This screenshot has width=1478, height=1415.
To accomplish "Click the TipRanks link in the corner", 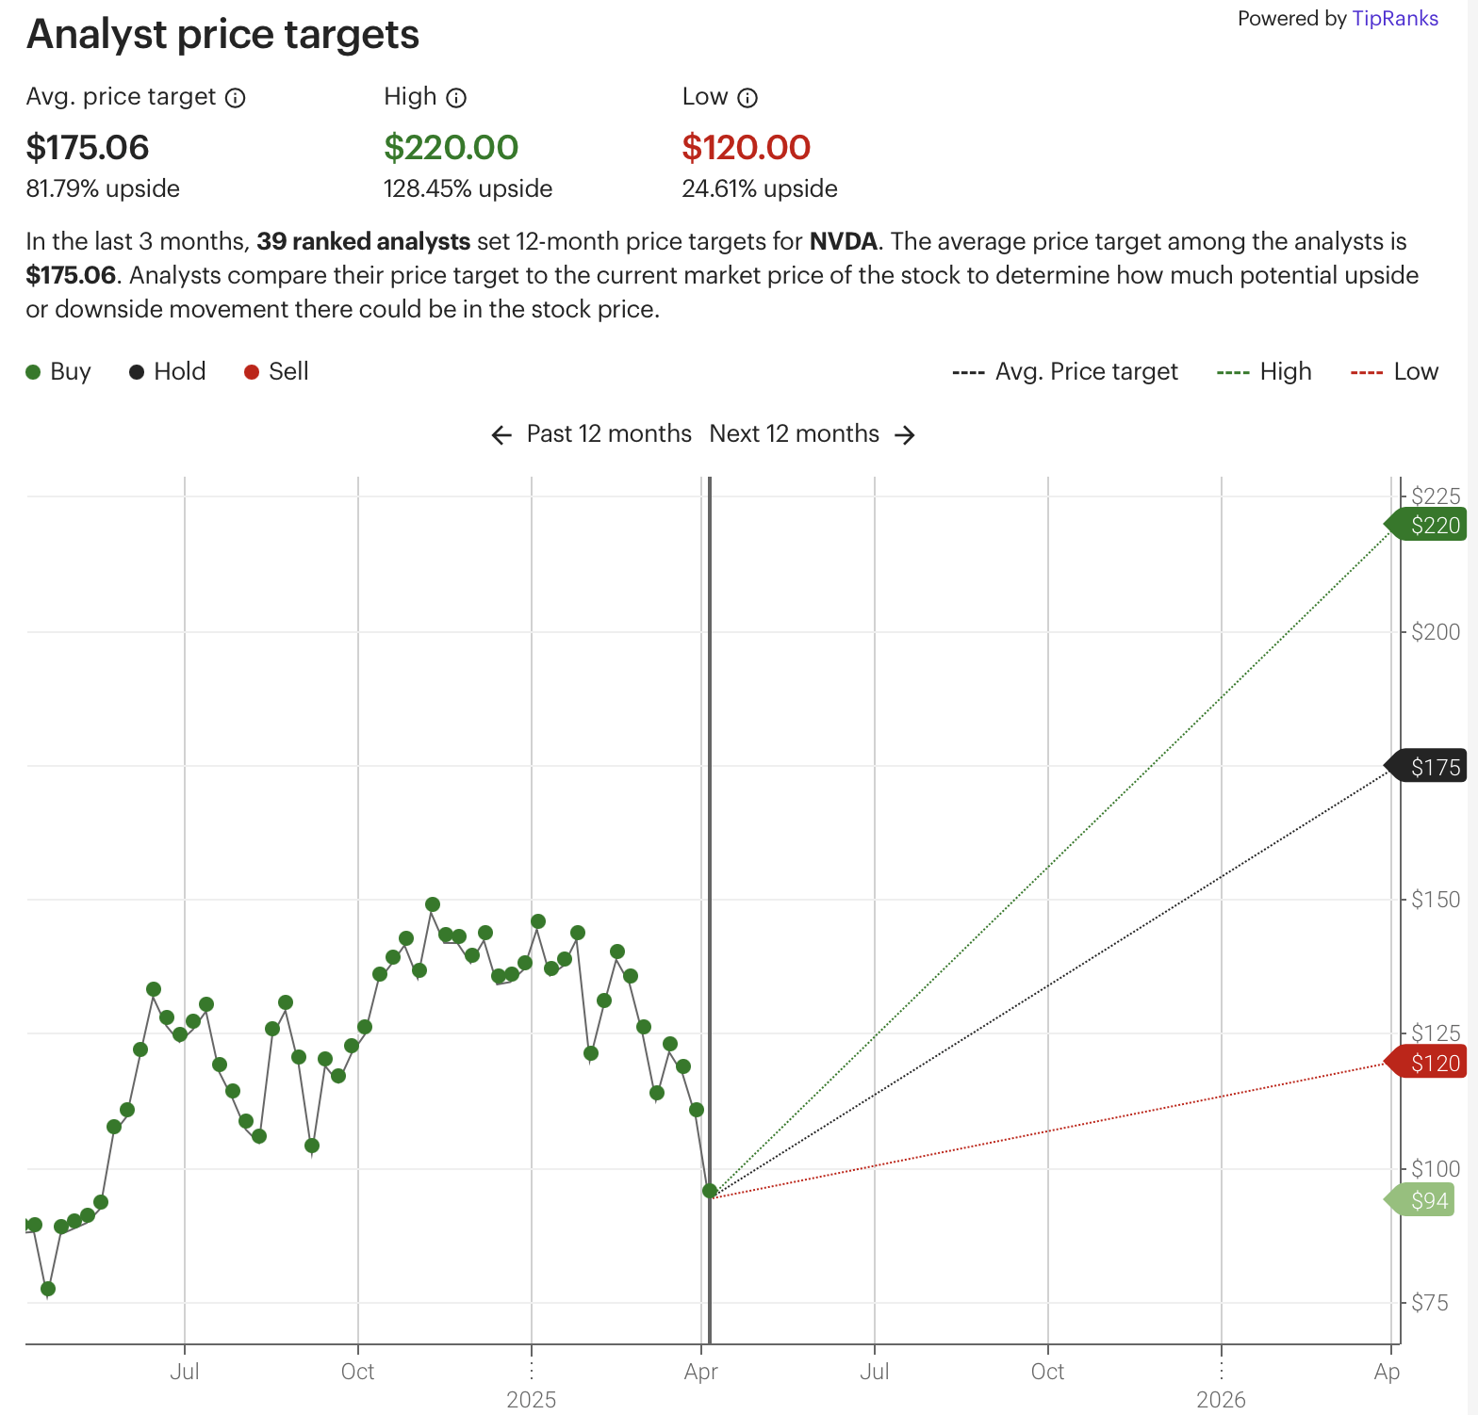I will [x=1394, y=19].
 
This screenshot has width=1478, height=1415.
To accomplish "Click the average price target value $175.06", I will [x=88, y=148].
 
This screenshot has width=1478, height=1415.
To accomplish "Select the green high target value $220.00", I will [x=451, y=148].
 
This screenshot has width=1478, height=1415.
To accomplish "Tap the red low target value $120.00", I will [x=746, y=148].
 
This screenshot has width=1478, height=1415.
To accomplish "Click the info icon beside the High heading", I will [x=456, y=98].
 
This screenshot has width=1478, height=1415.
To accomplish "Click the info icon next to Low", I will [x=747, y=98].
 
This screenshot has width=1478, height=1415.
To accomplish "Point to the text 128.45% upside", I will [x=468, y=188].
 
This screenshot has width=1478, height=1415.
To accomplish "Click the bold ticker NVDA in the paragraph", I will [x=843, y=241].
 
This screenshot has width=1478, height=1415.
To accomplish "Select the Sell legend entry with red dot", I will [x=276, y=372].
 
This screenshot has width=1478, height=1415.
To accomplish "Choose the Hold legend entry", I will [x=168, y=372].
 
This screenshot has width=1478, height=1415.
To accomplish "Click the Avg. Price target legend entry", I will [x=1065, y=372].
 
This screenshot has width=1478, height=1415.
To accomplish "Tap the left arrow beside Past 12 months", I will [x=501, y=434].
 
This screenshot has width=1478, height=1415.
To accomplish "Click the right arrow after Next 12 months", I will [x=905, y=434].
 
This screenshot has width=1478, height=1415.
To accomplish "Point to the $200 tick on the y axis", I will [x=1435, y=632].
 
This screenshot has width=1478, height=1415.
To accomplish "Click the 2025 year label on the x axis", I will [x=531, y=1400].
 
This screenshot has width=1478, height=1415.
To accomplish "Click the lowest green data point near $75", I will [x=48, y=1288].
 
